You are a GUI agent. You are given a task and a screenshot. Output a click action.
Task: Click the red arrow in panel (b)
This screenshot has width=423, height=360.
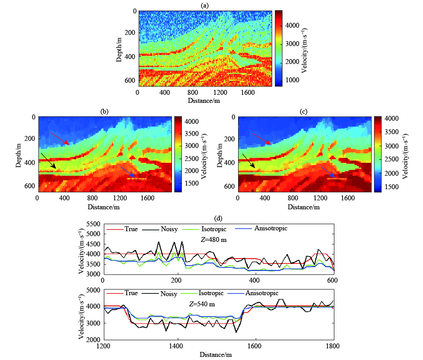60,138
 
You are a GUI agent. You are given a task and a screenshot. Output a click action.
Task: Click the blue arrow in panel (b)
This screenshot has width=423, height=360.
128,172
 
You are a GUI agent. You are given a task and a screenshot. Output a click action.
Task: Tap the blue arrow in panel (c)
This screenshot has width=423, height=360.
328,173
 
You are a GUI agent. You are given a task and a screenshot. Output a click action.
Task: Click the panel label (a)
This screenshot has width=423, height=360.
205,5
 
